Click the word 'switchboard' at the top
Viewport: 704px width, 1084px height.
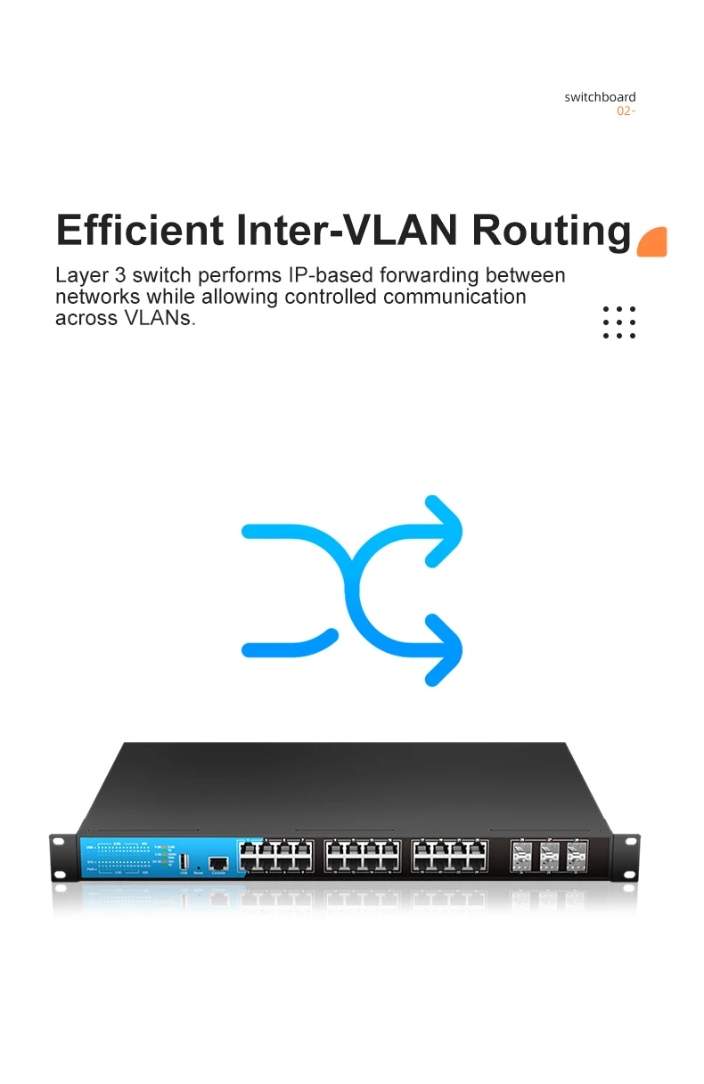(x=600, y=97)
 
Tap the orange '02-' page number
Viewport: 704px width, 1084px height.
(x=626, y=111)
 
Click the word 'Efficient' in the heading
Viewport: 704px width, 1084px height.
(x=140, y=230)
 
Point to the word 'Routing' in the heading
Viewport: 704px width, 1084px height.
(x=552, y=232)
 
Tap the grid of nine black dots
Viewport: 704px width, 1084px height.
(x=618, y=322)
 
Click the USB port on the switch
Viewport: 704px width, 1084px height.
(x=184, y=862)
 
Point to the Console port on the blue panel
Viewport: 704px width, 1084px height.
(x=217, y=862)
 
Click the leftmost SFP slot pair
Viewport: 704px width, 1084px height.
(x=520, y=856)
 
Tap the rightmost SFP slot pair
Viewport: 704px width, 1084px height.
(x=577, y=856)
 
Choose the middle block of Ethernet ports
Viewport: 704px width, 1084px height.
(x=362, y=856)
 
